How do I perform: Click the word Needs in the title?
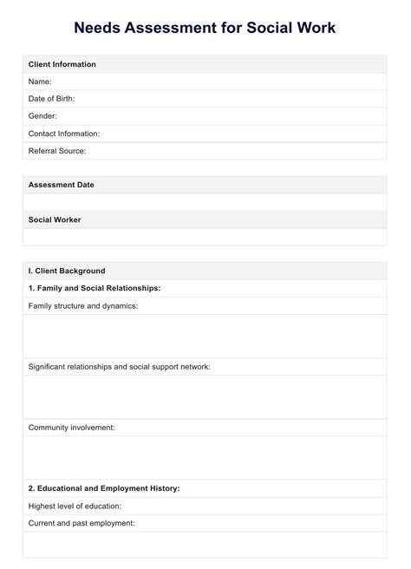[x=99, y=28]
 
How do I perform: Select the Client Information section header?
[x=62, y=64]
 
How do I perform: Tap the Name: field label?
[x=41, y=82]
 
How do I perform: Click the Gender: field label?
[x=42, y=116]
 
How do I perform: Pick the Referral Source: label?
[x=57, y=151]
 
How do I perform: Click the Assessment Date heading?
[x=62, y=185]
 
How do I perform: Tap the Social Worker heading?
[x=55, y=219]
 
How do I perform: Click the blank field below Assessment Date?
[x=205, y=202]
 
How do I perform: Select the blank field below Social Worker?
[x=205, y=237]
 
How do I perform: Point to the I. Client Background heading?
[x=67, y=271]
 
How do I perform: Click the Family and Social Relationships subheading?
[x=95, y=288]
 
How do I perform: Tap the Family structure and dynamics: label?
[x=83, y=305]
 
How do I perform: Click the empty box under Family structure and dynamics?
[x=205, y=337]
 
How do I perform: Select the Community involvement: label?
[x=72, y=428]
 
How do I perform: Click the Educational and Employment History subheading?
[x=104, y=488]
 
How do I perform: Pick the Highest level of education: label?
[x=75, y=506]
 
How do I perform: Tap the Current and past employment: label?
[x=82, y=523]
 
